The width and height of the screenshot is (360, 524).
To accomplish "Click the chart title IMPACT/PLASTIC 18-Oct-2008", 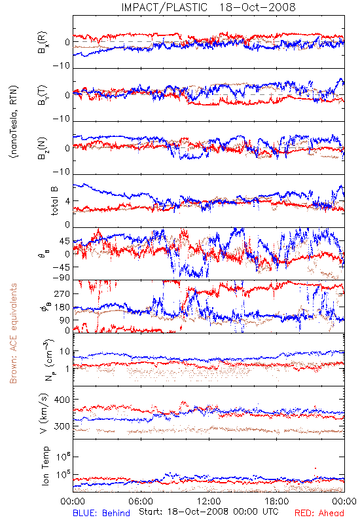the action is (x=208, y=7).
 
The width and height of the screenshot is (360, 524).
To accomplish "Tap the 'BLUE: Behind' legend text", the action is (x=101, y=513).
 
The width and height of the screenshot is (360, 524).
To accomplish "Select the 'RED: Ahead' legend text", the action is (x=319, y=513).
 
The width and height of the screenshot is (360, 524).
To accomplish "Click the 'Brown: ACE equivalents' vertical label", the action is (x=13, y=333).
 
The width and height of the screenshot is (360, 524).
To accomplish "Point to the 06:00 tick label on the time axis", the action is (x=141, y=501).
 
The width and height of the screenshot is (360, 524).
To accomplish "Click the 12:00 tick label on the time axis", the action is (x=209, y=501).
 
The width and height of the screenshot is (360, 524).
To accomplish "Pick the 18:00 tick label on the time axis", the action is (x=277, y=501).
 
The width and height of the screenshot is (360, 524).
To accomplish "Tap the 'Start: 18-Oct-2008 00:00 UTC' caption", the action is (x=209, y=512).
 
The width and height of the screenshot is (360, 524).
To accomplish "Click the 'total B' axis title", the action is (x=54, y=201).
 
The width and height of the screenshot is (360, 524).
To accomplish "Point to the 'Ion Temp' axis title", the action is (x=45, y=466).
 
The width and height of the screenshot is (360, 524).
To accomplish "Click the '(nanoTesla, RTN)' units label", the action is (x=14, y=122).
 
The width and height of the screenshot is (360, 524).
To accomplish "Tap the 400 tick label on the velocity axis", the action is (x=62, y=400).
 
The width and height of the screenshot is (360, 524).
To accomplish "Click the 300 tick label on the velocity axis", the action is (x=62, y=426).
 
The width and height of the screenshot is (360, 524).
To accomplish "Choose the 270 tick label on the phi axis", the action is (x=62, y=293).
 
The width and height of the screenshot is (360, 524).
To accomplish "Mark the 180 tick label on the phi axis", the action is (x=62, y=307).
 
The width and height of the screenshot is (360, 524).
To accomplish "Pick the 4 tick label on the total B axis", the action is (x=68, y=201).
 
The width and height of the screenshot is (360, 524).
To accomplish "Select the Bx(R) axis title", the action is (x=43, y=42).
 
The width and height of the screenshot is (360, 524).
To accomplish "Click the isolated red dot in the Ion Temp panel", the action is (x=315, y=468).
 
